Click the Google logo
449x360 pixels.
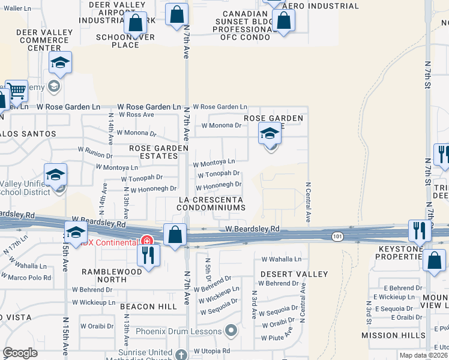(20, 353)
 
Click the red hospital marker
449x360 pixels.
(146, 241)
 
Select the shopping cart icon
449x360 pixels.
(17, 91)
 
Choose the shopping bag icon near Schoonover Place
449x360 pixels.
(136, 23)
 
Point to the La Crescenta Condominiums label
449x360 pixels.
(211, 203)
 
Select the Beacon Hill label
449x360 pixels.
(148, 306)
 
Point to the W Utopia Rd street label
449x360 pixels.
(212, 351)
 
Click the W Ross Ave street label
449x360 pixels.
(136, 114)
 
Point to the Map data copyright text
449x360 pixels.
(423, 355)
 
